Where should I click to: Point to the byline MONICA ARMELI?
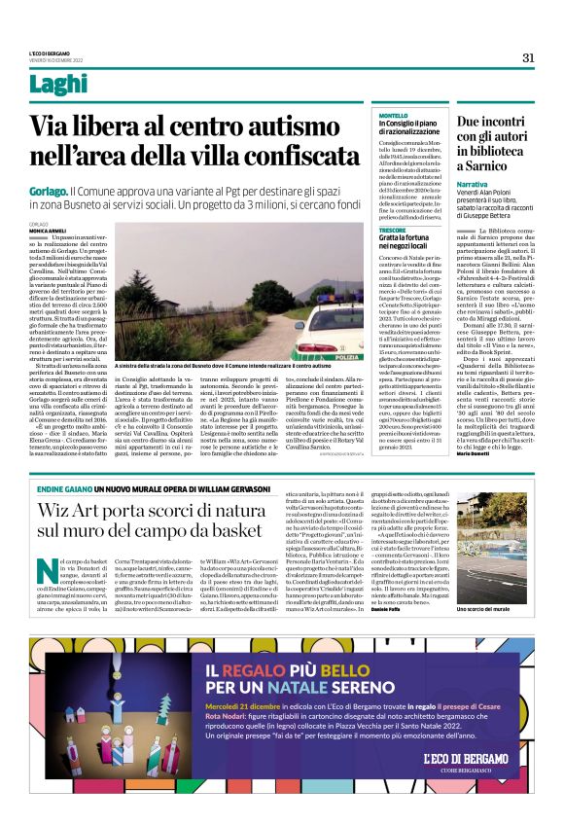pos(49,230)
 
